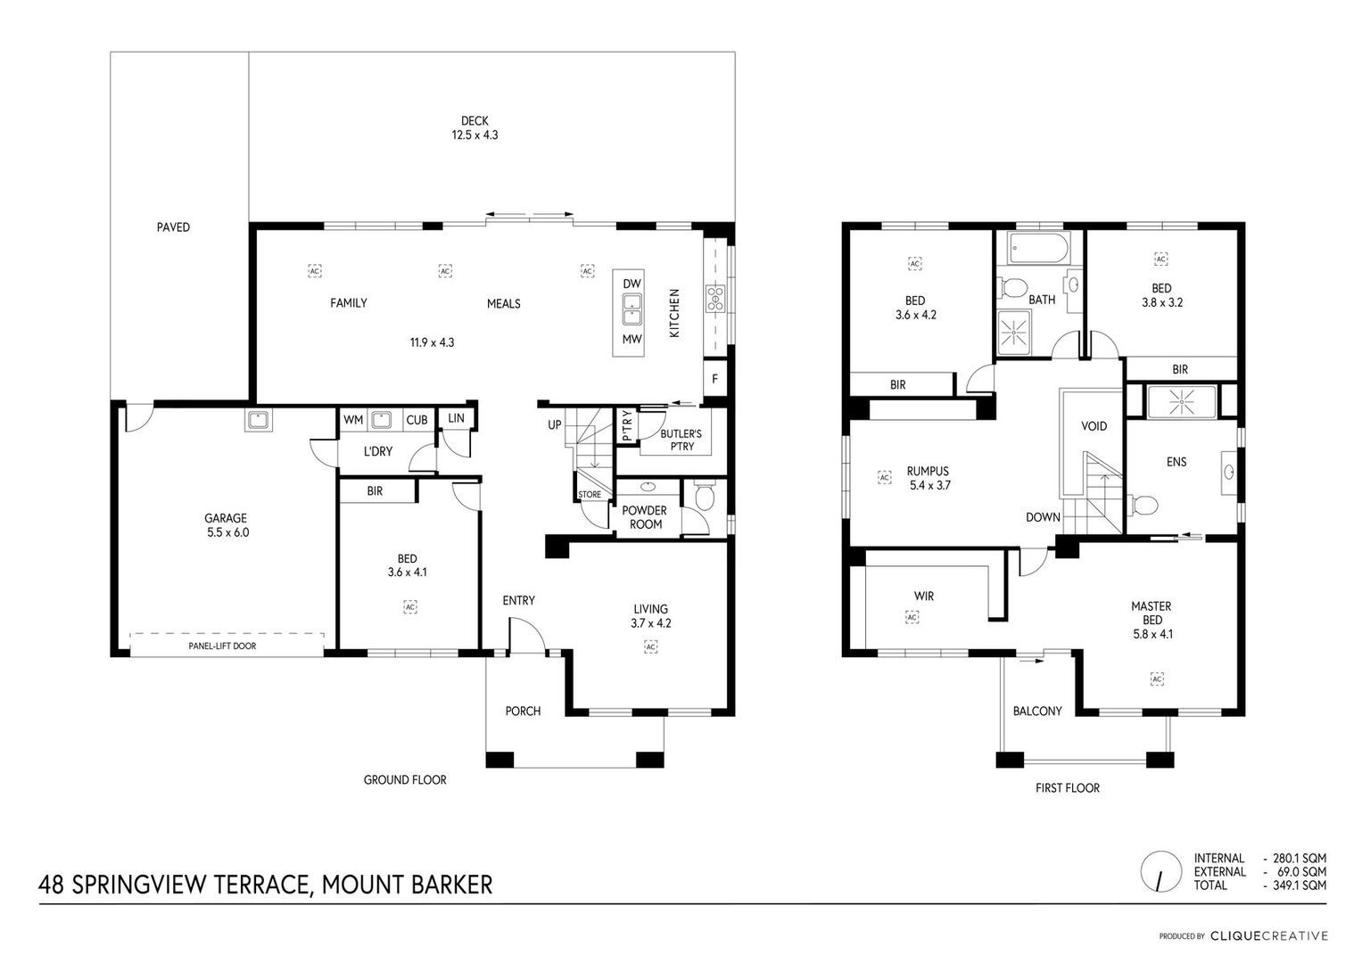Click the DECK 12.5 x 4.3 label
[475, 128]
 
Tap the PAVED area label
[173, 227]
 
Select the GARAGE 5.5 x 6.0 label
[227, 525]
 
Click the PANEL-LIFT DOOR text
[222, 646]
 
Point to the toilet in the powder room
[704, 496]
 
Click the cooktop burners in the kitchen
[715, 299]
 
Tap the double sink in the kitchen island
[631, 309]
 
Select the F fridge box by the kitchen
[715, 379]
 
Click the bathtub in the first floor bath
[1038, 248]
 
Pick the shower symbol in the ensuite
[1182, 402]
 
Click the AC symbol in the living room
[650, 646]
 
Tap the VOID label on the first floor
[1094, 426]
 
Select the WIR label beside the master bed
[923, 597]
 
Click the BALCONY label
[1037, 711]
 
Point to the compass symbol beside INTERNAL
[1160, 871]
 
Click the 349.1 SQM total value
[1300, 885]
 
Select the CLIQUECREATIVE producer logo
[1269, 935]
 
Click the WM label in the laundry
[352, 419]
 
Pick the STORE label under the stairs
[590, 495]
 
